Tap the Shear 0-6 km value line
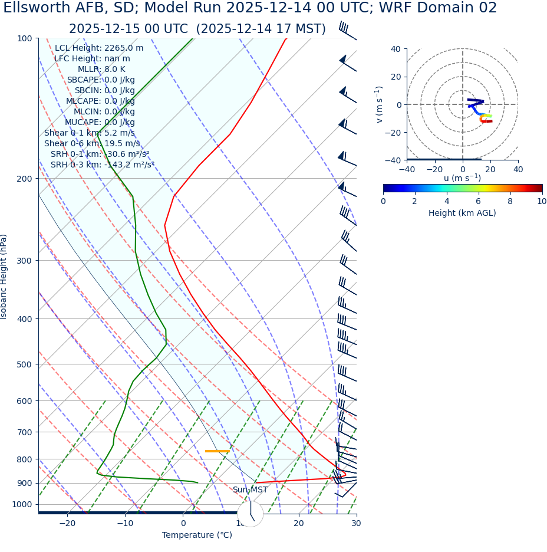(x=92, y=143)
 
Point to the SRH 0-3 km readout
(x=102, y=165)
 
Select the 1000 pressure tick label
(x=22, y=504)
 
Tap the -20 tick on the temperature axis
(x=67, y=523)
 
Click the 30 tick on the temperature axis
(x=356, y=523)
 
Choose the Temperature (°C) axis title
(x=197, y=535)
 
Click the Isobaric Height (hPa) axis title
(x=4, y=277)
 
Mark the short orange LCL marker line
(x=217, y=451)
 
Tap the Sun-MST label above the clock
(x=250, y=490)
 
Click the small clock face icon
(x=251, y=514)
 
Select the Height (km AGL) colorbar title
(x=462, y=213)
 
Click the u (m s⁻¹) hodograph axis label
(x=462, y=178)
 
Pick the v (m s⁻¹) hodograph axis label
(x=380, y=104)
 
